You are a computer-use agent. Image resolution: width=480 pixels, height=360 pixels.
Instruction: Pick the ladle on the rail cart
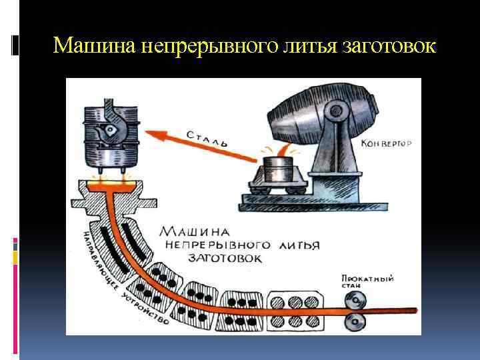click(x=279, y=169)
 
